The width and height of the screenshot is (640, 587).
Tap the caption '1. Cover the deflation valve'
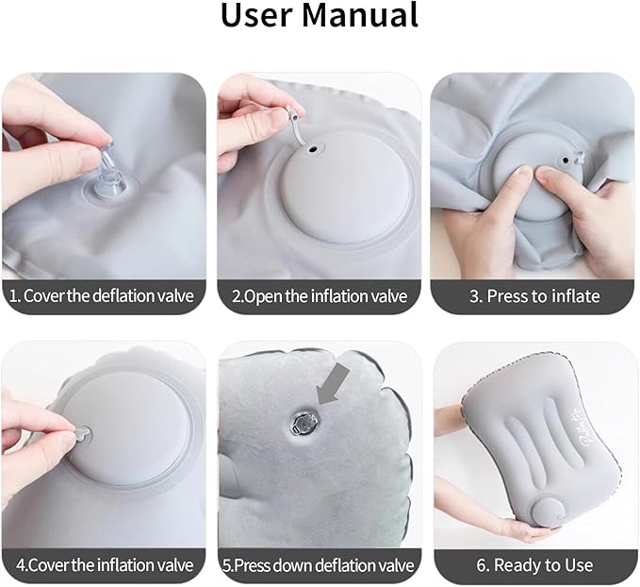(x=102, y=296)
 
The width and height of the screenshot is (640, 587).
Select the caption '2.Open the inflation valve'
(x=320, y=296)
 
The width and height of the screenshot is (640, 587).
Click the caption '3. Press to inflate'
(x=534, y=296)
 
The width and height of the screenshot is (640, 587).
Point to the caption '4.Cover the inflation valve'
(x=102, y=564)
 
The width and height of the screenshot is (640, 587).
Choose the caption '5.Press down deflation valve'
(x=320, y=564)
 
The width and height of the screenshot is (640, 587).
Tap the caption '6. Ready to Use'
(x=534, y=564)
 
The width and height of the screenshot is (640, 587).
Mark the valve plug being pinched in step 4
(x=81, y=432)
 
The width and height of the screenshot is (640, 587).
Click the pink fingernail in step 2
(x=273, y=117)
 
